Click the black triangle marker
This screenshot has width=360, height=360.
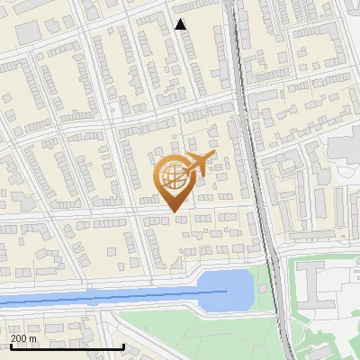(181, 24)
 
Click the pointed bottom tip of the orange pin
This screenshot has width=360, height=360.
(174, 211)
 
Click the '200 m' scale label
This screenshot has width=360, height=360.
(24, 338)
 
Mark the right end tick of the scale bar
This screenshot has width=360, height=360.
(123, 346)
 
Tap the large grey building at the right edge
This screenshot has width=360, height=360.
(346, 148)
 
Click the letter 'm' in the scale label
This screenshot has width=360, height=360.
(33, 338)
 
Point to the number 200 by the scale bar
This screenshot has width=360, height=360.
(19, 338)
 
